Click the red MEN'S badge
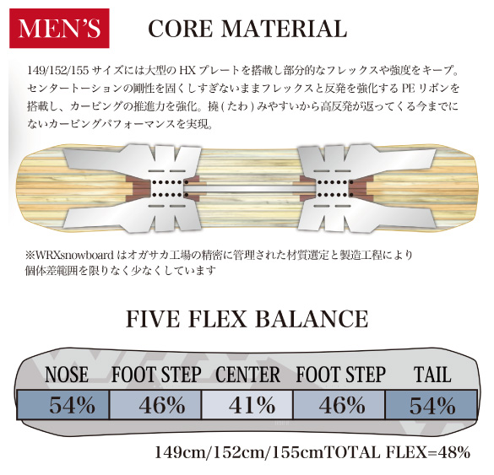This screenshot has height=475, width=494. (59, 29)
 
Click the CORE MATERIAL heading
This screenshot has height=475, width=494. (247, 29)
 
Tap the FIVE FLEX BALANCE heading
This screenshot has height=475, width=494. (247, 319)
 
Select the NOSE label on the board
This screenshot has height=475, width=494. (67, 375)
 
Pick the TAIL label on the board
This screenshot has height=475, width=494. (432, 375)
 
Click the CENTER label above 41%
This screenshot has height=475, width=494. (247, 375)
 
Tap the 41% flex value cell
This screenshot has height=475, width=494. (247, 404)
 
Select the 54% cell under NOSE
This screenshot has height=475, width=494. (63, 404)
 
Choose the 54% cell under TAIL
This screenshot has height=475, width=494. (431, 404)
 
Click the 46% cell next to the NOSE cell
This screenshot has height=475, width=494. (155, 404)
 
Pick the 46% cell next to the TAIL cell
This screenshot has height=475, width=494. (339, 404)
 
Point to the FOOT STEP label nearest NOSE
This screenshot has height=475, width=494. (156, 375)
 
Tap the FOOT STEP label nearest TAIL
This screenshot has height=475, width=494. (340, 375)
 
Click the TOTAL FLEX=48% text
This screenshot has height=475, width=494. (397, 453)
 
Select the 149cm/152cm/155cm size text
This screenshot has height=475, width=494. (240, 453)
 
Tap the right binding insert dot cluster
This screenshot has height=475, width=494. (335, 189)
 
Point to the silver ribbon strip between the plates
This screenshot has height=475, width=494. (251, 188)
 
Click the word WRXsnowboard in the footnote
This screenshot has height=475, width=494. (74, 256)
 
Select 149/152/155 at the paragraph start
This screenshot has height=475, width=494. (58, 70)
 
